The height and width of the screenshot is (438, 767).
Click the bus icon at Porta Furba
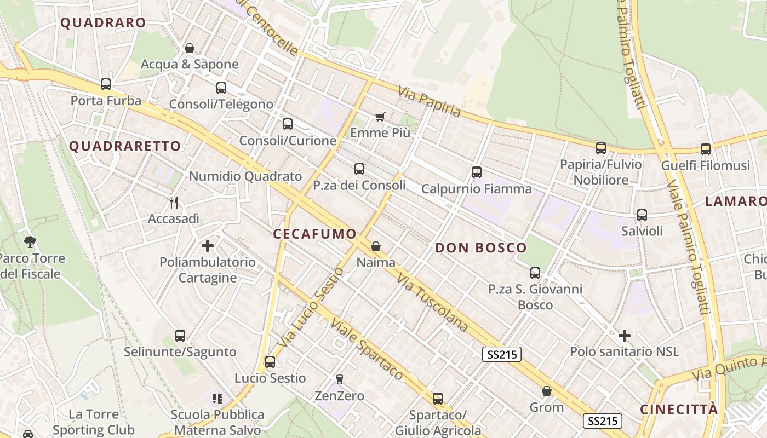[x=106, y=84]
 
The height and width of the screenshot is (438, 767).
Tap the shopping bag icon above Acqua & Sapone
[x=190, y=48]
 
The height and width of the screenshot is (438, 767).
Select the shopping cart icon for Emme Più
[x=380, y=117]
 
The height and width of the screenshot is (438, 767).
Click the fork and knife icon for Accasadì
[x=174, y=202]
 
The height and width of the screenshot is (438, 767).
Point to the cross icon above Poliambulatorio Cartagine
[x=208, y=246]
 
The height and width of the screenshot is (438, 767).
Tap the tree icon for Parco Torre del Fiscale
[x=30, y=241]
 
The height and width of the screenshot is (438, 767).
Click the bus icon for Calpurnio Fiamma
[x=477, y=172]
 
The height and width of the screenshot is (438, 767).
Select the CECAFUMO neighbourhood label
[x=315, y=234]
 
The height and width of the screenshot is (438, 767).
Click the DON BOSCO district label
[x=481, y=247]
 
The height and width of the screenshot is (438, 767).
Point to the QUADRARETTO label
[x=125, y=146]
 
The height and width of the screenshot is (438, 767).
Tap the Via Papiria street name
[x=430, y=101]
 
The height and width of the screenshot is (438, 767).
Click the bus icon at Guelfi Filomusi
[x=706, y=149]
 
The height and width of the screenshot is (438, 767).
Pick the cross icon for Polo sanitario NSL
[x=625, y=335]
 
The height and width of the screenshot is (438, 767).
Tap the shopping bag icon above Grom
[x=547, y=391]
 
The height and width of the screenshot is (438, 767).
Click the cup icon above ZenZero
[x=340, y=379]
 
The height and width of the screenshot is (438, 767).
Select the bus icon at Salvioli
[x=642, y=215]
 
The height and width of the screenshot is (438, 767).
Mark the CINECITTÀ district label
[x=679, y=410]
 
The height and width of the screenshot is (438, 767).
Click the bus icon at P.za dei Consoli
[x=359, y=169]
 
